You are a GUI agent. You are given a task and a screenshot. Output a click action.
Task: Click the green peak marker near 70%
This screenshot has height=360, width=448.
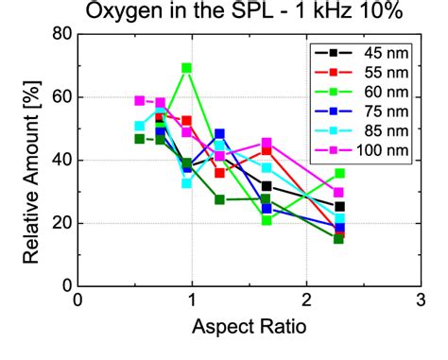(187, 68)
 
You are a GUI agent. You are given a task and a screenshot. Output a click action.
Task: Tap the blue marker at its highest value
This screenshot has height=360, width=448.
(220, 134)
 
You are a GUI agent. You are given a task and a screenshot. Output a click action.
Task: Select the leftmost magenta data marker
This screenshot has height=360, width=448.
(140, 100)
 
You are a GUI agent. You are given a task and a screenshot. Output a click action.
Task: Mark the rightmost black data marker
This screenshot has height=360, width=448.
(339, 206)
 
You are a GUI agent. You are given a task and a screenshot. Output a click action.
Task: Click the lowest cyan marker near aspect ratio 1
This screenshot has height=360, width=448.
(187, 182)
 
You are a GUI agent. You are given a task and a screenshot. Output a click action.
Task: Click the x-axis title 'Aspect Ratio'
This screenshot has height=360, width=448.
(248, 330)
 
